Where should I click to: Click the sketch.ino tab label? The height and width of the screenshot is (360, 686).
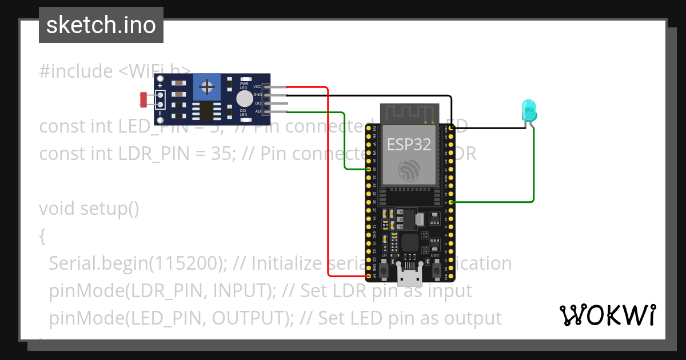point(101,25)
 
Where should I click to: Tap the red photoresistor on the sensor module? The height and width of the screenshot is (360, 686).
point(143,100)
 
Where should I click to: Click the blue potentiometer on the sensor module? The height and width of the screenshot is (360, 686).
point(207,87)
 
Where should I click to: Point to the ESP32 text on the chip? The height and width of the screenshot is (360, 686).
point(409,143)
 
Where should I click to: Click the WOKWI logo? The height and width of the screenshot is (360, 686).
point(607,315)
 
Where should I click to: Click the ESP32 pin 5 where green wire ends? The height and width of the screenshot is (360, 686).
point(452,202)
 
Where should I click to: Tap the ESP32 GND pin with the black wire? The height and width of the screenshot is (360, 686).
point(452,129)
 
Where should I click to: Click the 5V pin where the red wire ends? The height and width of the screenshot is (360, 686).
point(368,275)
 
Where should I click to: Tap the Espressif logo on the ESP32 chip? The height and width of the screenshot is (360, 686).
point(409,169)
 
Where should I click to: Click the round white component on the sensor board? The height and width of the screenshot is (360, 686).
point(244,99)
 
